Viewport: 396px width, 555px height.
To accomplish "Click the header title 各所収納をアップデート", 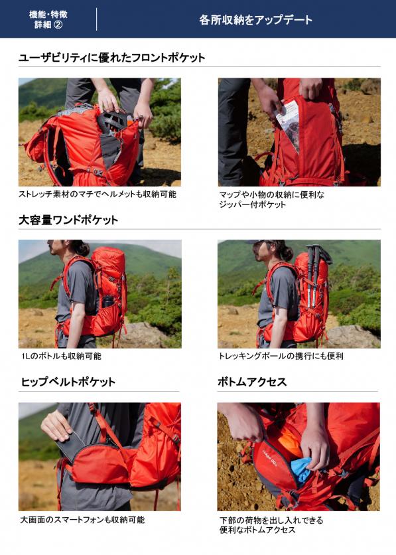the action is pos(255,19).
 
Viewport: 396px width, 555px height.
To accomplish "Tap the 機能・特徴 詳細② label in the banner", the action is pos(48,19).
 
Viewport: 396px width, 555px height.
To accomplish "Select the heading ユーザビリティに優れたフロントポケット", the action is pos(111,57).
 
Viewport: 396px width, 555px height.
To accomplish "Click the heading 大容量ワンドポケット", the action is pos(68,220).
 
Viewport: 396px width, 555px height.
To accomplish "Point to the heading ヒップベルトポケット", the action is pos(68,382).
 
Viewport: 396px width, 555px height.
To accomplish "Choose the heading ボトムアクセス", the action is pos(252,382).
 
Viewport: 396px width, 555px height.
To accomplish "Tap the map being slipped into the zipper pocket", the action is pos(288,124).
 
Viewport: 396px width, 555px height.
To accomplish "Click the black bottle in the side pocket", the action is pos(107,301).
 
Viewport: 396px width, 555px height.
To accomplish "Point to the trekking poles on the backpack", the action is pos(314,276).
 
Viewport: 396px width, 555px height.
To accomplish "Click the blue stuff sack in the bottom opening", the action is pos(302,469).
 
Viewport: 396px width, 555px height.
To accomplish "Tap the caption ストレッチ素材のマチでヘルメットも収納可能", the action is pos(98,194).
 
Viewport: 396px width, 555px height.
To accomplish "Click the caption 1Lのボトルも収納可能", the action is pos(61,356).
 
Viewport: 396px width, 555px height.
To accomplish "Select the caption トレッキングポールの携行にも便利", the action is pos(281,356).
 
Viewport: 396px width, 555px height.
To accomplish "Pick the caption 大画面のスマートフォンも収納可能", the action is pos(82,520).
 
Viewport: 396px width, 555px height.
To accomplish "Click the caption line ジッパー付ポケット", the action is pos(253,204).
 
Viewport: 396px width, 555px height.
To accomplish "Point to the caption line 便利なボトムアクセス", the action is pos(257,530).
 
